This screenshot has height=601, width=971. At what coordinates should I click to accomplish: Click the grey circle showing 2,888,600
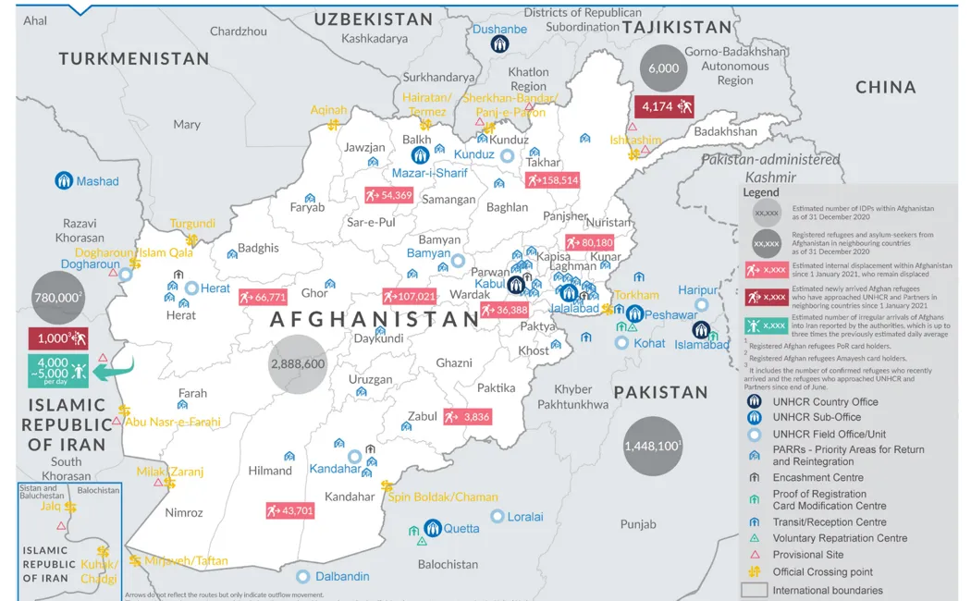click(x=297, y=364)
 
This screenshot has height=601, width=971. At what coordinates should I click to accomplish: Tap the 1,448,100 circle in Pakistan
click(x=653, y=446)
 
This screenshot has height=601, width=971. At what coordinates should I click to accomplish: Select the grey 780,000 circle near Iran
click(x=57, y=299)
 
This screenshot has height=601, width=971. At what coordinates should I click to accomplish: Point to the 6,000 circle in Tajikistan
click(x=663, y=67)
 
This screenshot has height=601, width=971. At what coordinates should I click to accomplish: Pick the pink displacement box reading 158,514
click(x=552, y=180)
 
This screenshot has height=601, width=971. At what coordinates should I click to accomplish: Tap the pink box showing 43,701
click(x=289, y=510)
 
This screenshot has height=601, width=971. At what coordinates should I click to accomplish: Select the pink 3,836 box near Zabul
click(x=467, y=417)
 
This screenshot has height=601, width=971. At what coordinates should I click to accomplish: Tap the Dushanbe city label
click(x=499, y=30)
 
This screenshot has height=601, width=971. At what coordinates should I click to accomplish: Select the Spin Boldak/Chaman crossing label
click(x=442, y=497)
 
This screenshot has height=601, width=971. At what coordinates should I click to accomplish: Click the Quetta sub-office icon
click(x=432, y=528)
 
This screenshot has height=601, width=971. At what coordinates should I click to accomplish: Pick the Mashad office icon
click(x=64, y=181)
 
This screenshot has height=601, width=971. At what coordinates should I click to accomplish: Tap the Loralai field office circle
click(x=498, y=517)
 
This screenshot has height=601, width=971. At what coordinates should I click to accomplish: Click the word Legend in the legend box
click(x=761, y=192)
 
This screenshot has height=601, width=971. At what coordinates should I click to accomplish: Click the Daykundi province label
click(x=378, y=338)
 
